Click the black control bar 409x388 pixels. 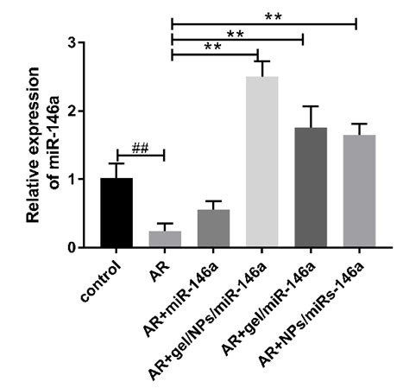coord(116,213)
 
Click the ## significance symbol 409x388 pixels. coord(140,148)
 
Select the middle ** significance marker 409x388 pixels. coord(235,32)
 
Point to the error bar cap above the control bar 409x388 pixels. coord(116,163)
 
